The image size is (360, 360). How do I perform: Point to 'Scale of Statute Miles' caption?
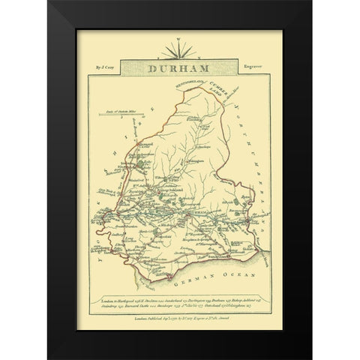(x=112, y=110)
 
